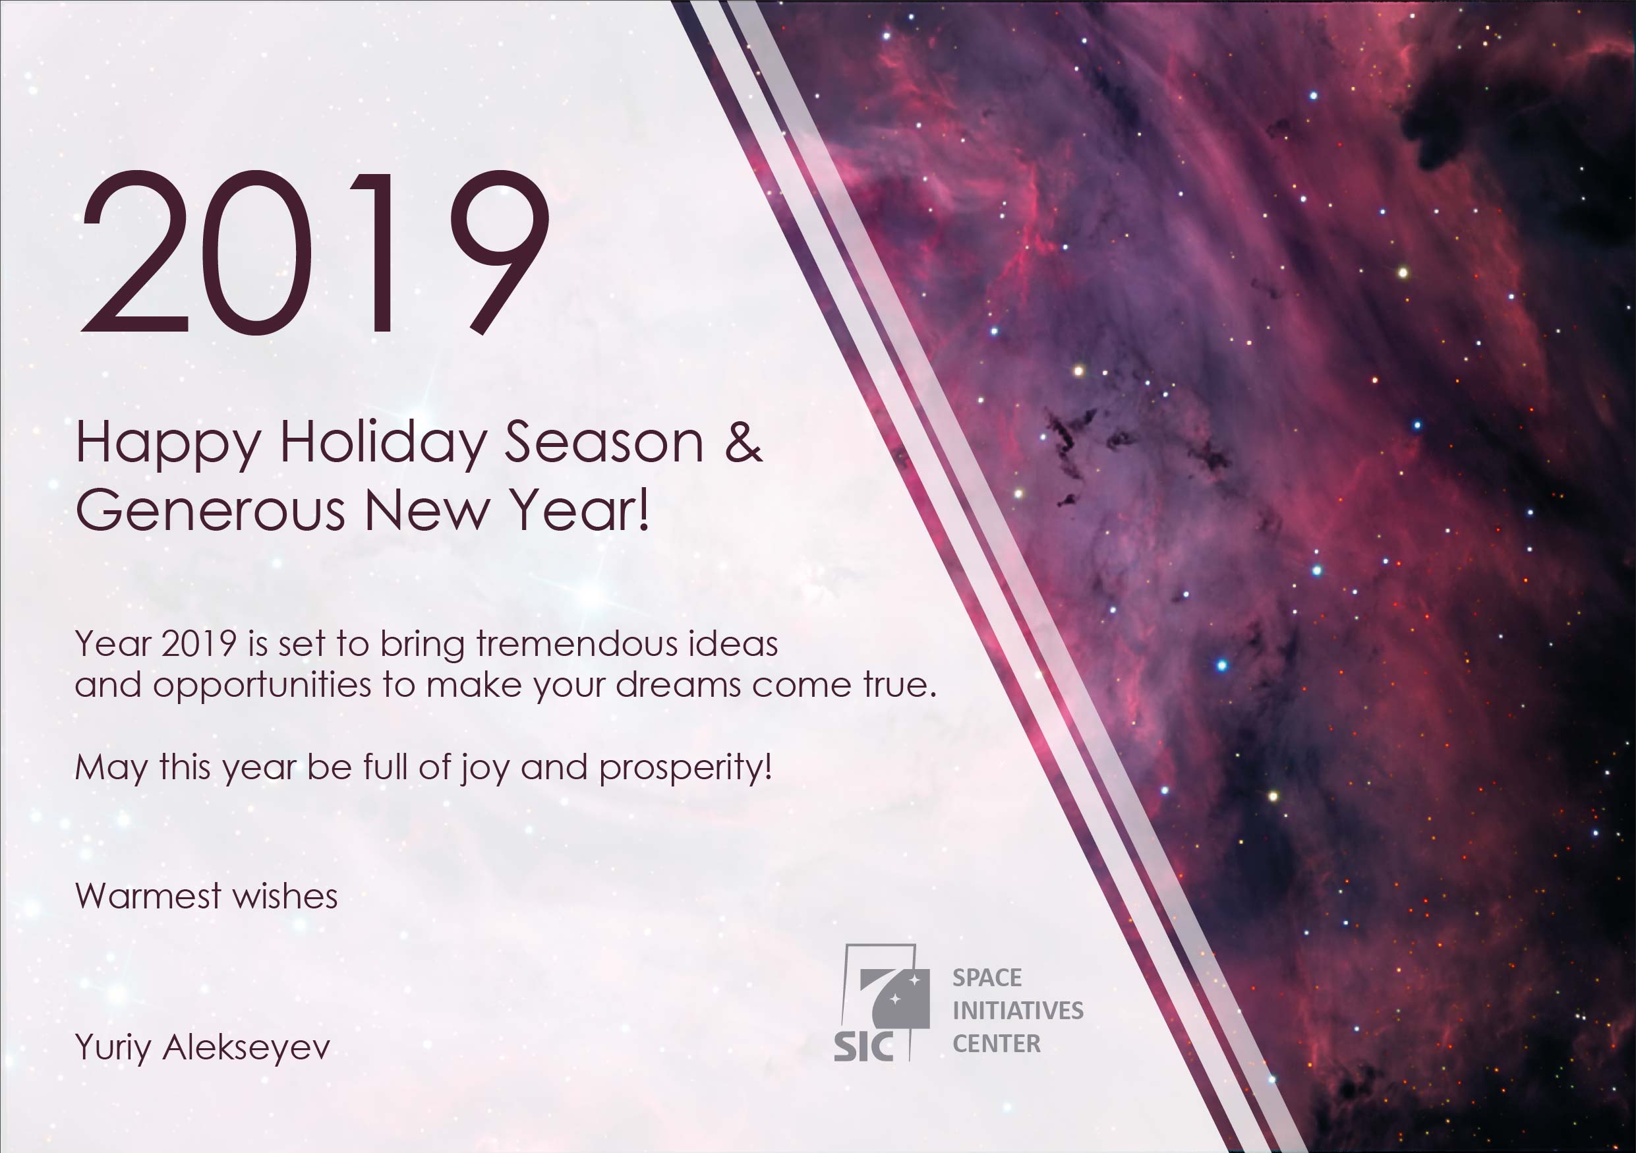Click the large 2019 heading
pyautogui.click(x=315, y=252)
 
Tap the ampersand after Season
pyautogui.click(x=743, y=442)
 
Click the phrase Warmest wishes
pyautogui.click(x=206, y=897)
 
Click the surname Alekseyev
pyautogui.click(x=247, y=1048)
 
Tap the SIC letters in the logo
pyautogui.click(x=863, y=1046)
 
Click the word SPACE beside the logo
pyautogui.click(x=987, y=978)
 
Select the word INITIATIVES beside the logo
pyautogui.click(x=1018, y=1011)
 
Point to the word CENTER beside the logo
pyautogui.click(x=996, y=1044)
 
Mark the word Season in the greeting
pyautogui.click(x=604, y=442)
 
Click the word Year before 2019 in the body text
pyautogui.click(x=113, y=644)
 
